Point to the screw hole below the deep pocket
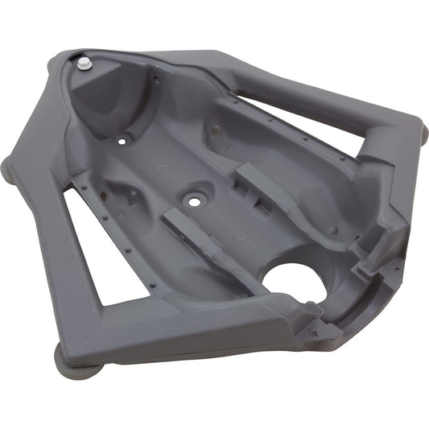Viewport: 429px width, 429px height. [x=122, y=139]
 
